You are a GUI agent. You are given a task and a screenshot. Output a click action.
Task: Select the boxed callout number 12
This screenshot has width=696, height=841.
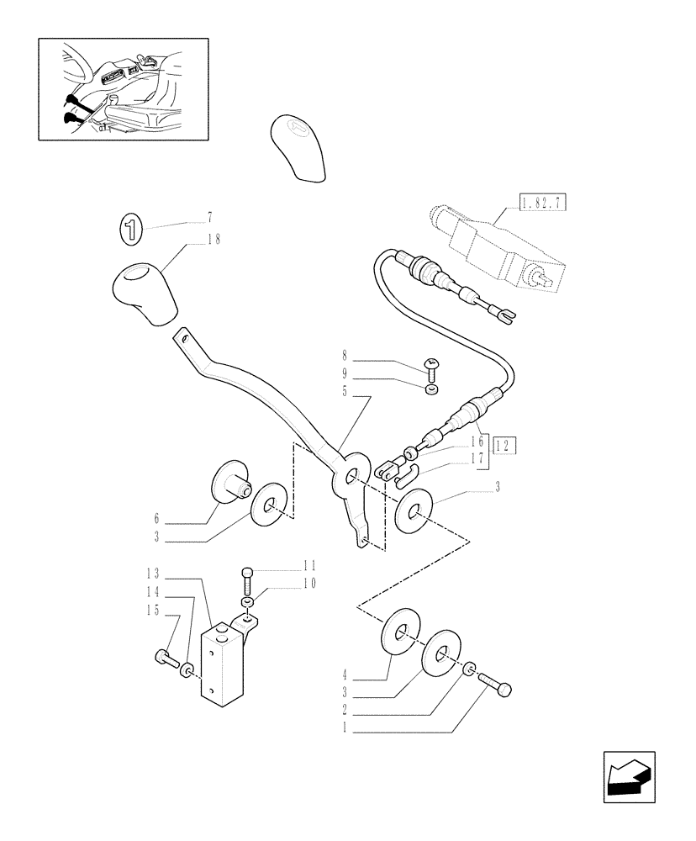pos(504,446)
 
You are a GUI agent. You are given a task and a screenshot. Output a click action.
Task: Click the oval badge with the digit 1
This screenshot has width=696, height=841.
pos(132,229)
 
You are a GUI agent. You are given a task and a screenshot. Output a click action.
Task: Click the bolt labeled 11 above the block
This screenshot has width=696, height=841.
pos(246,578)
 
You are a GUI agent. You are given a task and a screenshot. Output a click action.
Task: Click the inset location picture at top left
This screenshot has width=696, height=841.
pos(124,88)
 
